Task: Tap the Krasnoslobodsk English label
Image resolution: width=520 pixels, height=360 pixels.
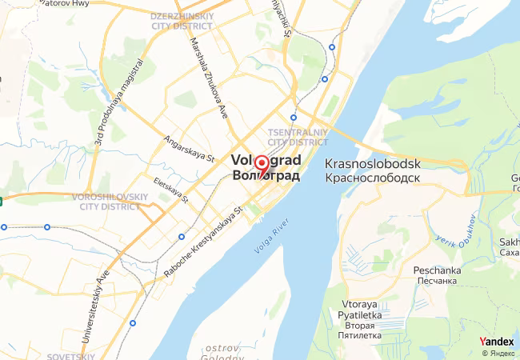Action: (x=374, y=163)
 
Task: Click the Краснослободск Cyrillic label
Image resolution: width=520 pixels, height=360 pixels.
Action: (x=374, y=177)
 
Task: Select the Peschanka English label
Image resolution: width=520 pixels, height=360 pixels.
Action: (x=437, y=270)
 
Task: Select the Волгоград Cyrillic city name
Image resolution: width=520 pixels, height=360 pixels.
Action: (x=266, y=176)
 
